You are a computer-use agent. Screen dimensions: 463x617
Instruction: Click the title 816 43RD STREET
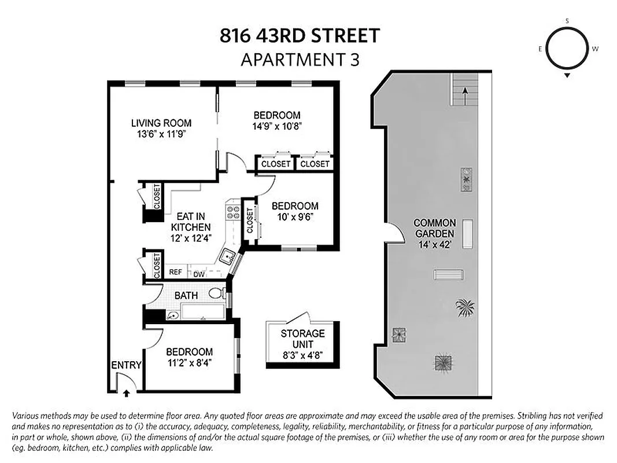[300, 36]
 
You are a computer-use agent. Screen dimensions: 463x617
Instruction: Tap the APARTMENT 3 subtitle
[300, 59]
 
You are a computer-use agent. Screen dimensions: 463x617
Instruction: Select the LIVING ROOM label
[161, 123]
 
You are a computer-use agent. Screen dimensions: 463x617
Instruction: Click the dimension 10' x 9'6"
[295, 217]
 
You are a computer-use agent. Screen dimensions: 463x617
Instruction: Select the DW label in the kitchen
[198, 274]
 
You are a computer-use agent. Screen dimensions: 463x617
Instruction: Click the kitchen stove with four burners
[233, 211]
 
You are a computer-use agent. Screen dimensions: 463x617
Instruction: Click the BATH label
[186, 296]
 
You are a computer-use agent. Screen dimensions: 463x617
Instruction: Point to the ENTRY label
[126, 365]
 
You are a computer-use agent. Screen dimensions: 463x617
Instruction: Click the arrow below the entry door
[127, 393]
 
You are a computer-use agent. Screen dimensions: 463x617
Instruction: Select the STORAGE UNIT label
[302, 339]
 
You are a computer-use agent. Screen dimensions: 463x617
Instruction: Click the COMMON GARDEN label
[435, 229]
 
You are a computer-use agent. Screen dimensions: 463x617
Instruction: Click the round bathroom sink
[172, 316]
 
